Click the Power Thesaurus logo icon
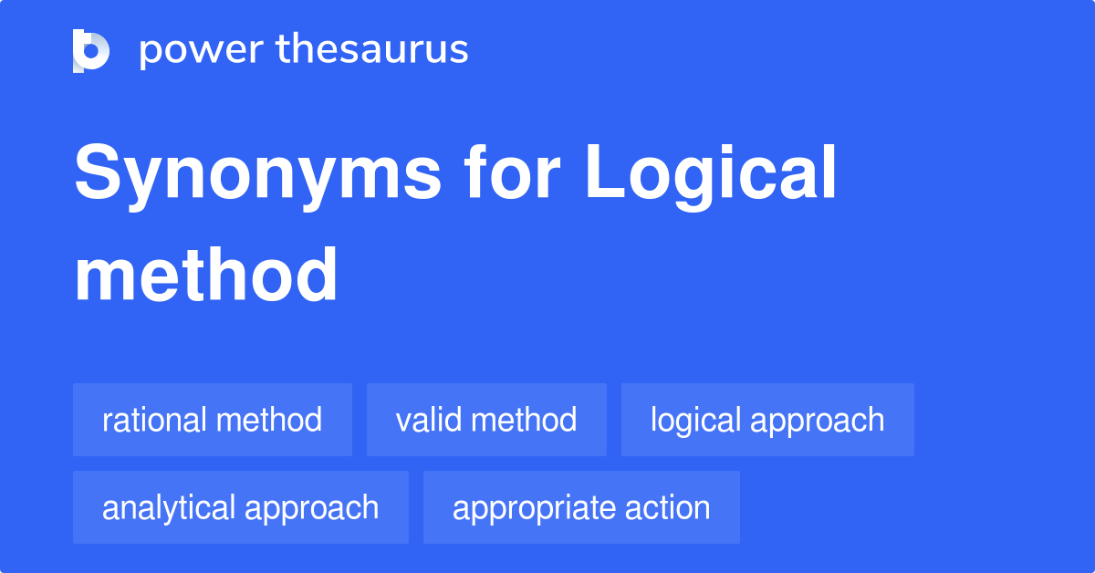tap(91, 50)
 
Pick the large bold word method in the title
tap(206, 275)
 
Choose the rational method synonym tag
tap(213, 420)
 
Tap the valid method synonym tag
tap(486, 420)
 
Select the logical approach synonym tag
tap(767, 420)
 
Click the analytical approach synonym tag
tap(241, 507)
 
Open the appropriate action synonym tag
tap(581, 507)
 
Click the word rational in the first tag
tap(154, 420)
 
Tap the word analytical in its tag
tap(168, 507)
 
